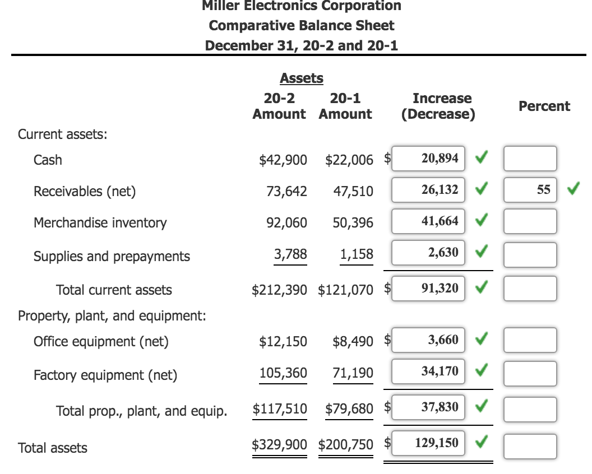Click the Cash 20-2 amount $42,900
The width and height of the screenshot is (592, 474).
click(x=283, y=160)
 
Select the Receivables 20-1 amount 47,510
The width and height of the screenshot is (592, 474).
click(x=353, y=192)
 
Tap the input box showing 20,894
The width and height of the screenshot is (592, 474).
click(x=428, y=159)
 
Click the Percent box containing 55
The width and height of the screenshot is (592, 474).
click(x=530, y=189)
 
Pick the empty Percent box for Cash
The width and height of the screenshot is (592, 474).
click(x=530, y=159)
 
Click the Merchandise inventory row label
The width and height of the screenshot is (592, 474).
click(x=100, y=223)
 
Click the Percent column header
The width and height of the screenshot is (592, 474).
click(x=544, y=106)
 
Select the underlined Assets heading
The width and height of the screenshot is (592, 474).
click(x=301, y=78)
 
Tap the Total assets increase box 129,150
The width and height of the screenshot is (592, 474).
click(x=428, y=444)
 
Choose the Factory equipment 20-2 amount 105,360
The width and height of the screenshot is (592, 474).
click(x=283, y=373)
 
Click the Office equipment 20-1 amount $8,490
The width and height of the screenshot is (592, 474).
click(x=353, y=342)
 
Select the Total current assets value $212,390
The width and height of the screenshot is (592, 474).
click(x=280, y=290)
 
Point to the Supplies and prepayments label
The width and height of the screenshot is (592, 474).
click(x=112, y=257)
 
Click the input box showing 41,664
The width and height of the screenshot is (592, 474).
click(x=428, y=221)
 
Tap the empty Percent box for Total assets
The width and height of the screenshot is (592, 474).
click(x=530, y=447)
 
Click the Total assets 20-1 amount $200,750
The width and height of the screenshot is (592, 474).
click(x=346, y=445)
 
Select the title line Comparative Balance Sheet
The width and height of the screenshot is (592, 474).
click(x=301, y=26)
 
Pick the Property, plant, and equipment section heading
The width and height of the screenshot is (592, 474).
click(x=112, y=316)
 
